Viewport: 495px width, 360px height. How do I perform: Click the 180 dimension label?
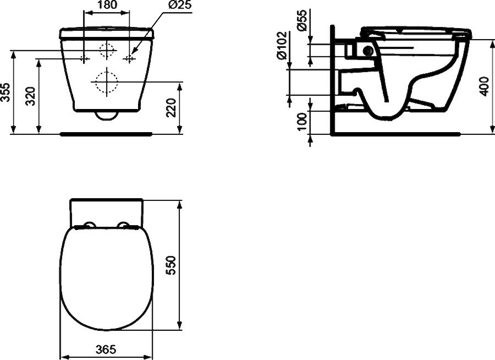[x=107, y=6]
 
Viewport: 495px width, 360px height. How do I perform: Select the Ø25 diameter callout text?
[x=174, y=6]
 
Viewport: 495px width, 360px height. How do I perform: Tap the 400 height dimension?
[x=484, y=85]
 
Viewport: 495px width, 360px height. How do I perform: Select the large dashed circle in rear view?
[x=106, y=82]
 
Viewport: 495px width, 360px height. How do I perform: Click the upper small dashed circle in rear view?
[x=106, y=50]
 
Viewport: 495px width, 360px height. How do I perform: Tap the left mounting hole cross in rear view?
[x=84, y=58]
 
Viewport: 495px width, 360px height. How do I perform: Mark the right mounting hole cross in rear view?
[x=129, y=58]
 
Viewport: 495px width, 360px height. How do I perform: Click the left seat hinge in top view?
[x=87, y=225]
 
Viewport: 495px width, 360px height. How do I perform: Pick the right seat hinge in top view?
[x=126, y=225]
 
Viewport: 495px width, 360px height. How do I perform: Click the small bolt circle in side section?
[x=367, y=52]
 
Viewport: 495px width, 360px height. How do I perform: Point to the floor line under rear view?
[x=106, y=133]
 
